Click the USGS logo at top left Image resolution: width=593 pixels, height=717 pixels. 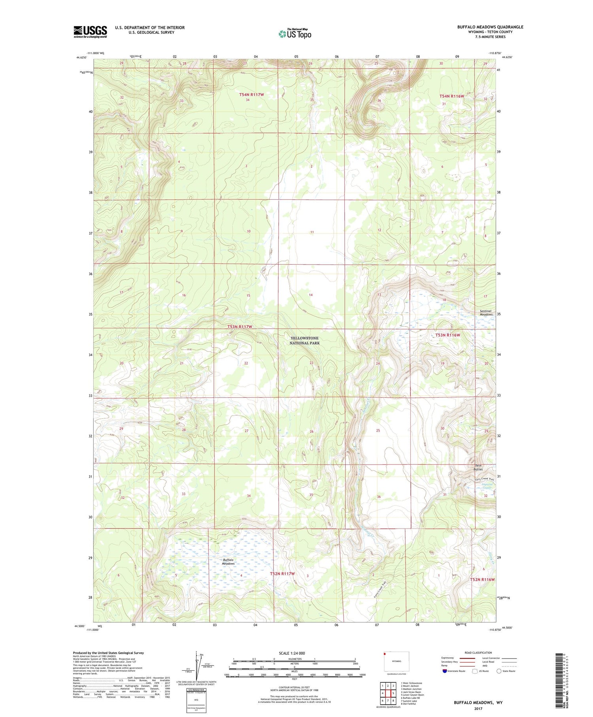[x=90, y=32]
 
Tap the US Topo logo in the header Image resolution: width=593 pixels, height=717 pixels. [x=295, y=34]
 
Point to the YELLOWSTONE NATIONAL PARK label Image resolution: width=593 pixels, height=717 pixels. [x=304, y=341]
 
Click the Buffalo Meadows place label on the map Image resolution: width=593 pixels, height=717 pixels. [x=228, y=562]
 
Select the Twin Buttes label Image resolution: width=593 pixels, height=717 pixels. [x=478, y=467]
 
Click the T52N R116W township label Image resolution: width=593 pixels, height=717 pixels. [x=482, y=579]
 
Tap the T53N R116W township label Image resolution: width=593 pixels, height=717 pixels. [x=448, y=335]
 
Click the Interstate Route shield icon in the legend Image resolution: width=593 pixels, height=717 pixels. [x=445, y=671]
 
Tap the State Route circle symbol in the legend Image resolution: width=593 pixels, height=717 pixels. [x=499, y=671]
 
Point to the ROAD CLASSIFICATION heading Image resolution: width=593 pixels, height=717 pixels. [x=478, y=653]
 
